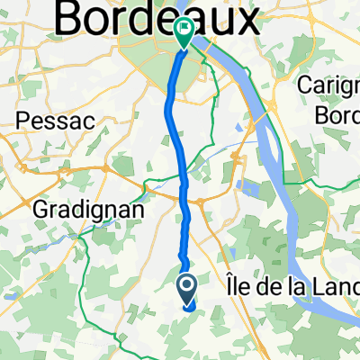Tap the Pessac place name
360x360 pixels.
pyautogui.click(x=48, y=119)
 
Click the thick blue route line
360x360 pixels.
pyautogui.click(x=175, y=135)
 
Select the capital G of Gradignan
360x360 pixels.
pyautogui.click(x=40, y=208)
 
